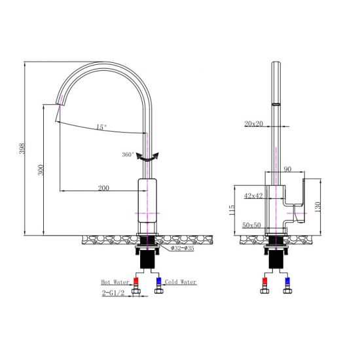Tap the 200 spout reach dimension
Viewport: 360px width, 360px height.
tap(103, 188)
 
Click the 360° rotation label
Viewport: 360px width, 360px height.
tap(128, 154)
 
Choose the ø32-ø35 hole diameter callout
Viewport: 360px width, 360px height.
tap(182, 249)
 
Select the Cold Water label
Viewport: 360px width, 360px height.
tap(181, 282)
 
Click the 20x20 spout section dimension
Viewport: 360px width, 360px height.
tap(254, 123)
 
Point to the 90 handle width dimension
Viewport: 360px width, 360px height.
tap(287, 170)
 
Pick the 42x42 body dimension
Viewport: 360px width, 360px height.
tap(253, 195)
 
